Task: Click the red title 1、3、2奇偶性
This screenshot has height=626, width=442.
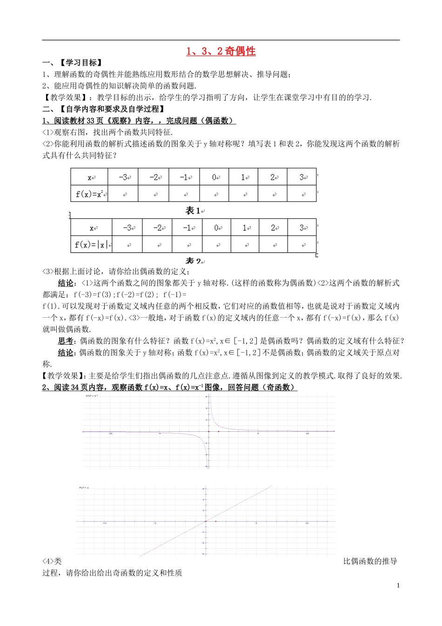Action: pyautogui.click(x=221, y=51)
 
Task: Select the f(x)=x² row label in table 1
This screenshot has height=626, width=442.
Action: pyautogui.click(x=90, y=194)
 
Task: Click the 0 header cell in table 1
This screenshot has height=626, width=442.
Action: pyautogui.click(x=215, y=177)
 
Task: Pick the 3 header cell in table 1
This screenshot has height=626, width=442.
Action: pyautogui.click(x=302, y=177)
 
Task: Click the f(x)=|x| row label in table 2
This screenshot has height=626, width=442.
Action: pyautogui.click(x=92, y=244)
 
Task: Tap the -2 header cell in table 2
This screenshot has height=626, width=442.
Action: pyautogui.click(x=157, y=228)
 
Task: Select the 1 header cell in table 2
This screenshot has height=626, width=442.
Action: pyautogui.click(x=245, y=228)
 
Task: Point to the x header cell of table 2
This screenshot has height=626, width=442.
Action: pyautogui.click(x=92, y=228)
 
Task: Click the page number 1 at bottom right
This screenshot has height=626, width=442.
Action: pyautogui.click(x=398, y=585)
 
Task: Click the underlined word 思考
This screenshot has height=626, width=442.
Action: pyautogui.click(x=66, y=341)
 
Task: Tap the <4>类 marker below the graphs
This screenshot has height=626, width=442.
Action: pyautogui.click(x=52, y=561)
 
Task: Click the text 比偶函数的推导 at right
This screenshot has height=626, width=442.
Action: pyautogui.click(x=370, y=561)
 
